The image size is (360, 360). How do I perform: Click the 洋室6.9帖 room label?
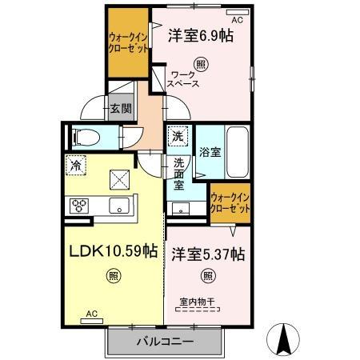click(200, 36)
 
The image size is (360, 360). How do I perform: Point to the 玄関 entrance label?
click(121, 110)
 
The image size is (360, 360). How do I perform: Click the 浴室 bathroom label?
click(210, 150)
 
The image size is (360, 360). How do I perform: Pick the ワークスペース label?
click(183, 78)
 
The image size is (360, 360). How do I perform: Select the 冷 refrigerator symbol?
click(76, 166)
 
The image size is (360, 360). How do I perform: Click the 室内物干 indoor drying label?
click(197, 302)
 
